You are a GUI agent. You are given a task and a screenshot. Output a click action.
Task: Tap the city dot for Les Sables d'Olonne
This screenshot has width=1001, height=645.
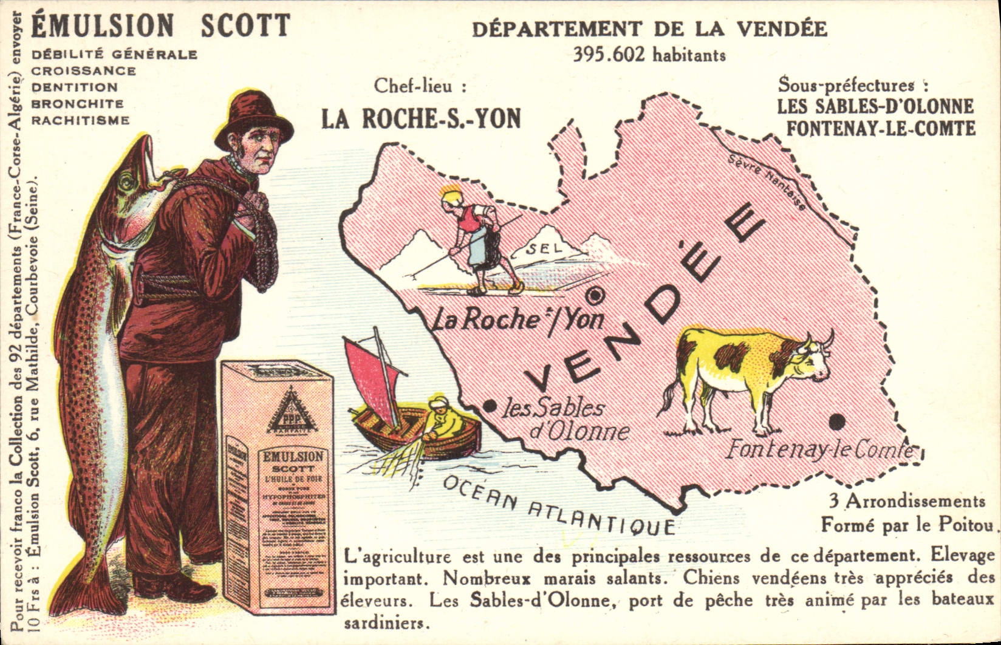[487, 405]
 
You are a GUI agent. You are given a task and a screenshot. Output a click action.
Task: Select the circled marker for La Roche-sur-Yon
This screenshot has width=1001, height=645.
[595, 296]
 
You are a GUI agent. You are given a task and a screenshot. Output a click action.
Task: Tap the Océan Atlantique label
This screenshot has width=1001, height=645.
[558, 506]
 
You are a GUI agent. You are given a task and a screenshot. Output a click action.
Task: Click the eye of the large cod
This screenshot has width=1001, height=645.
[126, 180]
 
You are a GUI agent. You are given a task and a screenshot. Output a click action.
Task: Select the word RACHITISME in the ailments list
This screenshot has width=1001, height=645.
[80, 120]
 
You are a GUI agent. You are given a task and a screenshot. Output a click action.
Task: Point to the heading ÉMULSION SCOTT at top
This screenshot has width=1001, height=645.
[161, 26]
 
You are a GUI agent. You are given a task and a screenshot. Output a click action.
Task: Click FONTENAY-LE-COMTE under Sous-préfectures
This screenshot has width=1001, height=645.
[880, 129]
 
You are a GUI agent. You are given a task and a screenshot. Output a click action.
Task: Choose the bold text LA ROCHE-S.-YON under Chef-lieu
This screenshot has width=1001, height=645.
[421, 119]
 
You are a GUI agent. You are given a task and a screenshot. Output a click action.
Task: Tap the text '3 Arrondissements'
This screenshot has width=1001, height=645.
[907, 502]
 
